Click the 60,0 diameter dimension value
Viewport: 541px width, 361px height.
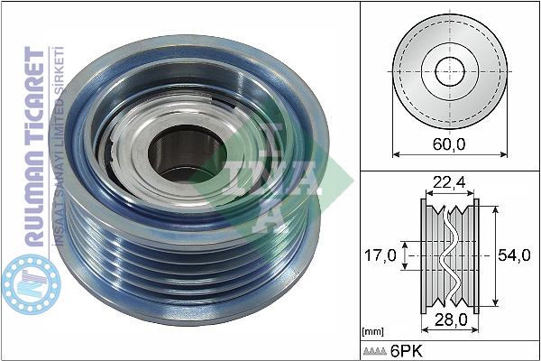point(449,144)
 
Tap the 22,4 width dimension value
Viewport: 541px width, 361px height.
point(449,182)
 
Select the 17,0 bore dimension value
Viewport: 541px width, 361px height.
point(381,255)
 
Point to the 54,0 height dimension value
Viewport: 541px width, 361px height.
point(514,255)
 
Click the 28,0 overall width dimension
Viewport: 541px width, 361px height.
point(451,319)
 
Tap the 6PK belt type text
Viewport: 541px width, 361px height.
point(406,351)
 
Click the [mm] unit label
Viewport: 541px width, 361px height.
point(372,331)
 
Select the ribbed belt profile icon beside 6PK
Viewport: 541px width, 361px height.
point(375,351)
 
